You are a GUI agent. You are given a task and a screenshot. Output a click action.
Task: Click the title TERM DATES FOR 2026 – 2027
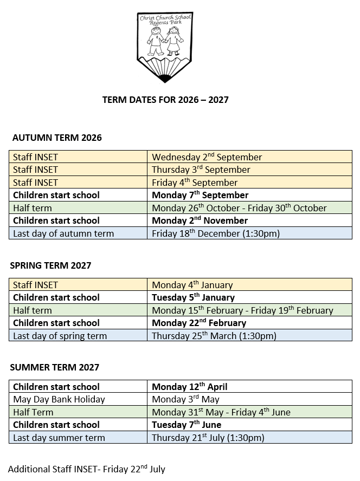point(165,100)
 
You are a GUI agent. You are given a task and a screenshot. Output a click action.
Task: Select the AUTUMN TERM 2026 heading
point(57,138)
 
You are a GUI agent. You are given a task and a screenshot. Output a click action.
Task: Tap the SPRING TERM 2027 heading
point(50,265)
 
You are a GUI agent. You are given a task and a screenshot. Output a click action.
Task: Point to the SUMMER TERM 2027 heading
point(54,367)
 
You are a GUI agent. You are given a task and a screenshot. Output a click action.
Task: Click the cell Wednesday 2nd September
point(207,157)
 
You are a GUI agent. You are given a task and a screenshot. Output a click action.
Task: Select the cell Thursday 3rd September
point(201,170)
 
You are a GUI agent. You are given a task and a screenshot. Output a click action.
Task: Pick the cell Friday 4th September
point(195,183)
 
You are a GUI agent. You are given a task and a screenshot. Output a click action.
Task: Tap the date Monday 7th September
point(200,195)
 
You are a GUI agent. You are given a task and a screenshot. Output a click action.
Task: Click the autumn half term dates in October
point(239,208)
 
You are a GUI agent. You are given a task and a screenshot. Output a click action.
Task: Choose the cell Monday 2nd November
point(200,220)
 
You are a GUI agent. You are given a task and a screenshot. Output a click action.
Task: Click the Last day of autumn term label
point(63,233)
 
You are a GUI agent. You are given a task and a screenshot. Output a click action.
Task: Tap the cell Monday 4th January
point(192,285)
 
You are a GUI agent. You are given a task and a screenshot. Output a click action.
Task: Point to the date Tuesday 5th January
point(193,297)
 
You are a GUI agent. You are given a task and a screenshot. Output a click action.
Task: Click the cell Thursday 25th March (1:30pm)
point(214,336)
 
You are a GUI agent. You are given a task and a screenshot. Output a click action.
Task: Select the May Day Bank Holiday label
point(59,399)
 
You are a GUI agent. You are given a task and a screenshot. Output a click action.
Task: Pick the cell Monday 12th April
point(189,387)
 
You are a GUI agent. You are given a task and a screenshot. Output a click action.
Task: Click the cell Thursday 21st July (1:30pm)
point(208,438)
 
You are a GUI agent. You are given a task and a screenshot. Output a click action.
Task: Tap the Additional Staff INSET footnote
point(87,469)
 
